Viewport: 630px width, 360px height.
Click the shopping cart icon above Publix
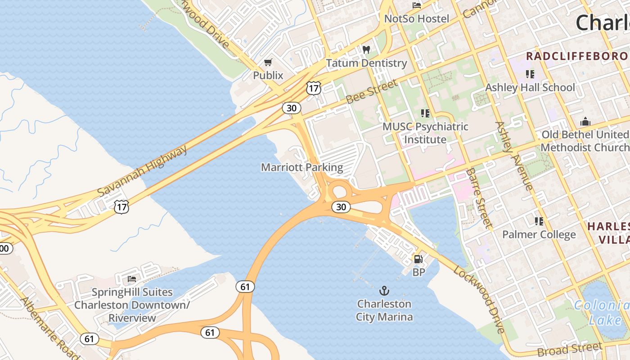268,62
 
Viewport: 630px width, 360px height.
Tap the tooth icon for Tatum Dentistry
366,49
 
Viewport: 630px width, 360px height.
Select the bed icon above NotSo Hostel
417,5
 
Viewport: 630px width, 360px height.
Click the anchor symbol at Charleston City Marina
384,290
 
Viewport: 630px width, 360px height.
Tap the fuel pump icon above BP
418,259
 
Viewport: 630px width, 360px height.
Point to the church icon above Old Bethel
585,121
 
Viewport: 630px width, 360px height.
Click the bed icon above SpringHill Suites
132,279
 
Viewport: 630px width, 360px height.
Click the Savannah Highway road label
142,171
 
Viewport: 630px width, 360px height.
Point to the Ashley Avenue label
514,155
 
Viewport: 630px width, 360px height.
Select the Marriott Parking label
302,168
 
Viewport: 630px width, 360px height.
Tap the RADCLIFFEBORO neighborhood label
577,56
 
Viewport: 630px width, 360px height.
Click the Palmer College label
539,234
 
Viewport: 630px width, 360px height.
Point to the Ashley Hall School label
530,87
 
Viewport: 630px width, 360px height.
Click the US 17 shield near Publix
313,88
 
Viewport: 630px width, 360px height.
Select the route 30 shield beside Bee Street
292,108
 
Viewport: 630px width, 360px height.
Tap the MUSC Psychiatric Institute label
425,133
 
